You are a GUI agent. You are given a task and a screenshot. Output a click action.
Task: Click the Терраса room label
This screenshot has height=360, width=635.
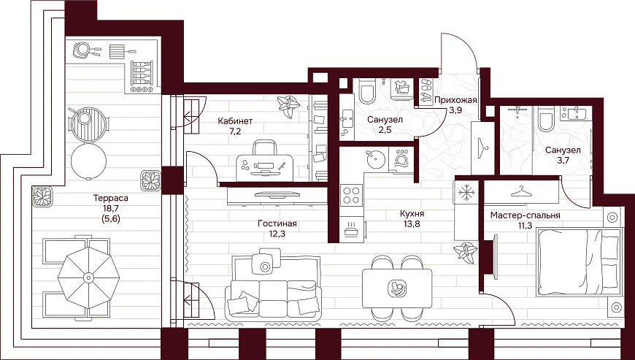point(110,199)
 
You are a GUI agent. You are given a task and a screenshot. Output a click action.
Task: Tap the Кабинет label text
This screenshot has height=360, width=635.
point(235,121)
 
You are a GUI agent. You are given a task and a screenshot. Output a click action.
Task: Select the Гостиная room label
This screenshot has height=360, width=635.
point(277,224)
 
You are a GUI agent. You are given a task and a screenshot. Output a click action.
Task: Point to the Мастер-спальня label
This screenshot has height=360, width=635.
point(526,215)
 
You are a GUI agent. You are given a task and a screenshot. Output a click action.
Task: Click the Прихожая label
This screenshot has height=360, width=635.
point(455,100)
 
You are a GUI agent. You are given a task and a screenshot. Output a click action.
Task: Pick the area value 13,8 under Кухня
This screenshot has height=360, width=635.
point(412,224)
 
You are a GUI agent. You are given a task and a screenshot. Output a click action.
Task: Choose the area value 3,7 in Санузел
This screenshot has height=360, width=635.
point(562,160)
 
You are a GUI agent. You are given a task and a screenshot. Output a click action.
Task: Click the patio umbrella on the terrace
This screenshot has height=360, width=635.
point(88,277)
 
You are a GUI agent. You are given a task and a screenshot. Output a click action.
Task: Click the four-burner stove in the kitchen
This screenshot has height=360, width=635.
point(351,194)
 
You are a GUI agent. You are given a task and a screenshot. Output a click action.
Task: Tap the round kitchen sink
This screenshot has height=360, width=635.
point(374,158)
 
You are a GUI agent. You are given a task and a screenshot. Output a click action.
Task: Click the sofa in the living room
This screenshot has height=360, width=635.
point(272,288)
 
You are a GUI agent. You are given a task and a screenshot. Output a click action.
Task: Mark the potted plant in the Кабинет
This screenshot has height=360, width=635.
point(289,106)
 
